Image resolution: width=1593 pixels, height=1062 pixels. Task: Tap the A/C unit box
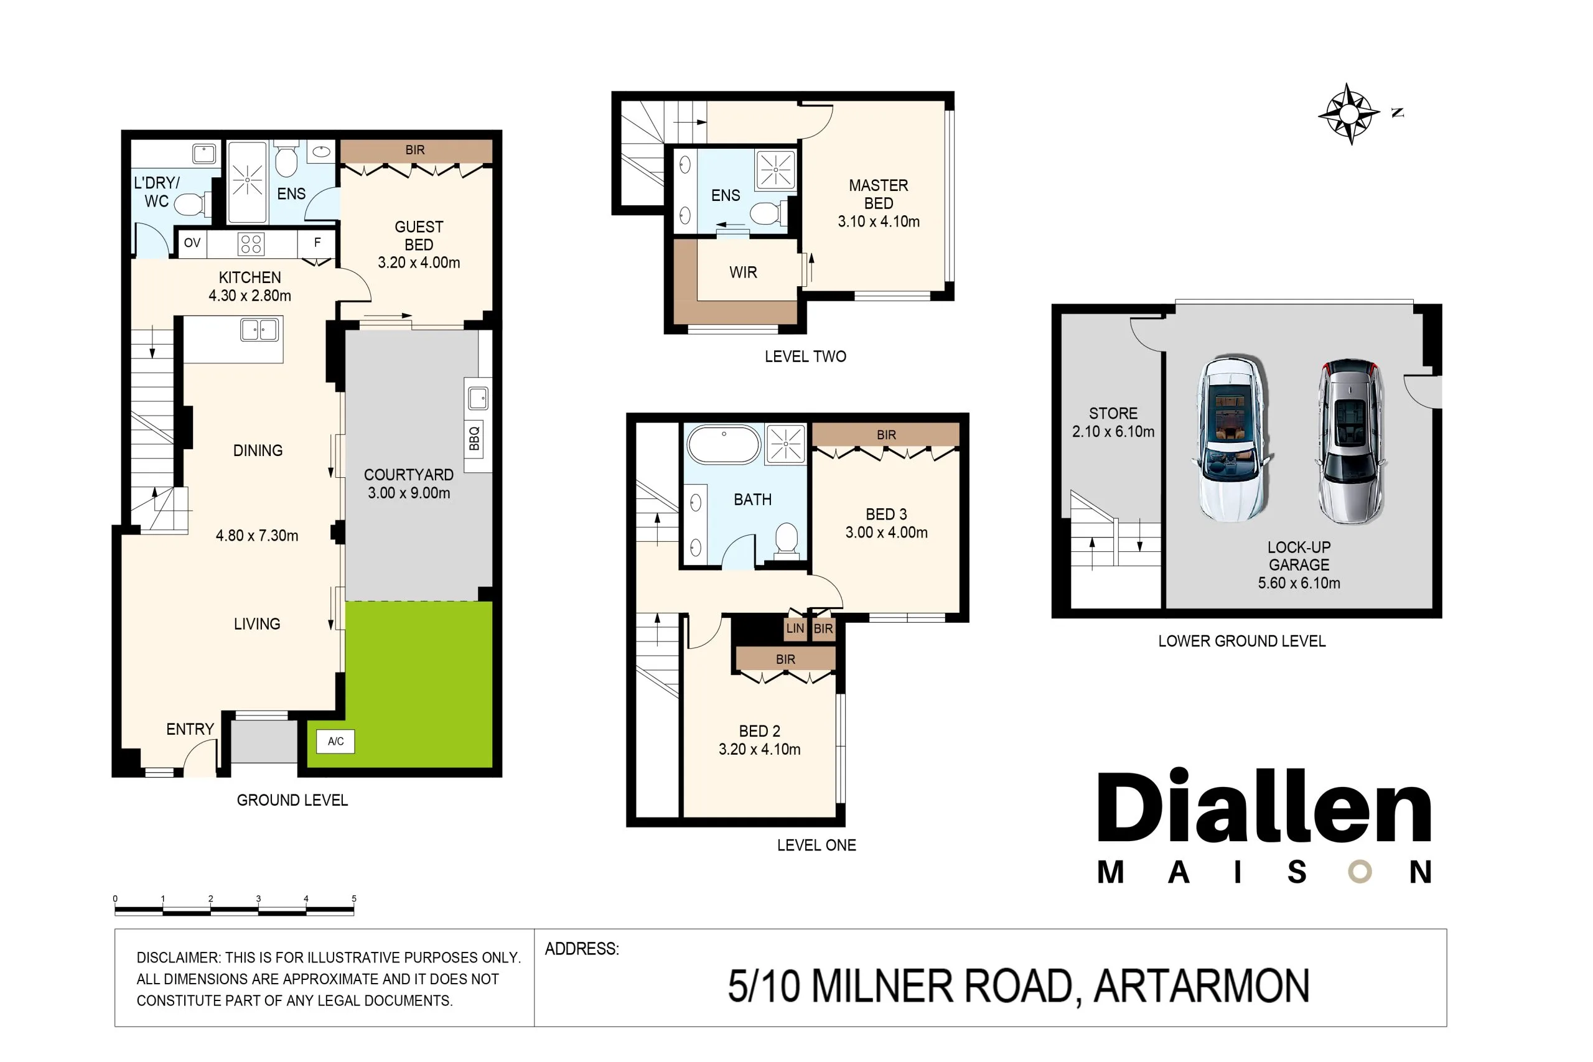coord(335,741)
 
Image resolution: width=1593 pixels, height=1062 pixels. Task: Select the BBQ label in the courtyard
coord(474,439)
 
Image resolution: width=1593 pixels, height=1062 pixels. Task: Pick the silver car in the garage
coord(1350,441)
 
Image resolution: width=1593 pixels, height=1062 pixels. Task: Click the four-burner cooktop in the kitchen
coord(251,244)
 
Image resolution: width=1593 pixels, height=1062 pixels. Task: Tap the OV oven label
coord(192,243)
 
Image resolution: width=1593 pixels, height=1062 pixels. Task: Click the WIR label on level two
coord(743,272)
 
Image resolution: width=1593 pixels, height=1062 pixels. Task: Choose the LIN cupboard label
coord(795,628)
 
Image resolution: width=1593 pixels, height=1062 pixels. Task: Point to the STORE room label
coord(1113,413)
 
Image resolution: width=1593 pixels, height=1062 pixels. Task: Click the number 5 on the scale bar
coord(353,898)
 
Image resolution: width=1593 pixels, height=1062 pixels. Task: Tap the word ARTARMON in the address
coord(1202,986)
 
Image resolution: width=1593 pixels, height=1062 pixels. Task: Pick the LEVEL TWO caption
coord(805,356)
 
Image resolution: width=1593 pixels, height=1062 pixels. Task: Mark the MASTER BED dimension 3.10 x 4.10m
coord(879,221)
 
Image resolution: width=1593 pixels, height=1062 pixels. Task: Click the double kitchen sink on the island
coord(259,330)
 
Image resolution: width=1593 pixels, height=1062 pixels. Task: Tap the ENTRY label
coord(190,729)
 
